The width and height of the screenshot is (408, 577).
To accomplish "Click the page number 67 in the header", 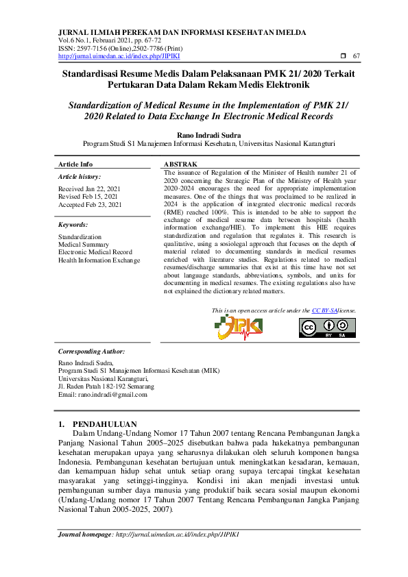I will pos(356,56).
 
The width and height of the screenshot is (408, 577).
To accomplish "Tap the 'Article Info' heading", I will pos(75,164).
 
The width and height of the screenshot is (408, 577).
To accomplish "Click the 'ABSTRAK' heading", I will pos(180,164).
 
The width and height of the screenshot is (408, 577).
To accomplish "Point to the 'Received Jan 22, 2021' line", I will pos(89,188).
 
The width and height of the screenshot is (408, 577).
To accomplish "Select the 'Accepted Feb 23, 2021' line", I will pos(90,205).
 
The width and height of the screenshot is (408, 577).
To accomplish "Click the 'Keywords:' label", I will pos(73,225).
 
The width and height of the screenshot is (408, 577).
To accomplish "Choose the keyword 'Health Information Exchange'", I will pos(99,260).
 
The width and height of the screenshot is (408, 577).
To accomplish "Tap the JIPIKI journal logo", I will pos(240,327).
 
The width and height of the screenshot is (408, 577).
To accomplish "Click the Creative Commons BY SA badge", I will pos(326,328).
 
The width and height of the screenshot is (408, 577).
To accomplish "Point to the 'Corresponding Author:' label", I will pos(91,351).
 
